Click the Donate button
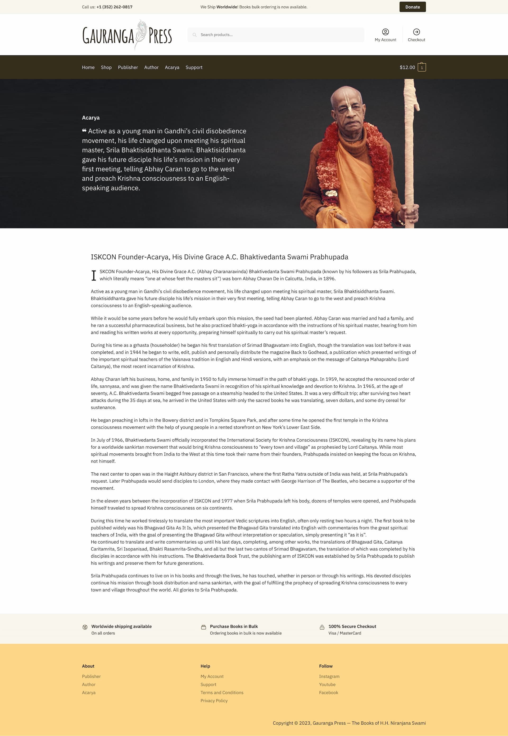coord(412,7)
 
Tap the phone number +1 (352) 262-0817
coord(114,7)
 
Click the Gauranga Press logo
coord(127,35)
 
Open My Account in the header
coord(385,35)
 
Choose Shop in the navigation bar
coord(106,67)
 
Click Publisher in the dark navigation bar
coord(128,67)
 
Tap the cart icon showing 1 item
coord(421,67)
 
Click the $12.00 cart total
coord(407,67)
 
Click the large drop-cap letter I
coord(94,275)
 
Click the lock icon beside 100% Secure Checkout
coord(322,627)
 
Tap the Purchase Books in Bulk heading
coord(234,626)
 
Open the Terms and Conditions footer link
coord(221,692)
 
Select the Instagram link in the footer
coord(329,676)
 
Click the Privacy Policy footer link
coord(214,700)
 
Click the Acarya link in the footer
coord(88,692)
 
